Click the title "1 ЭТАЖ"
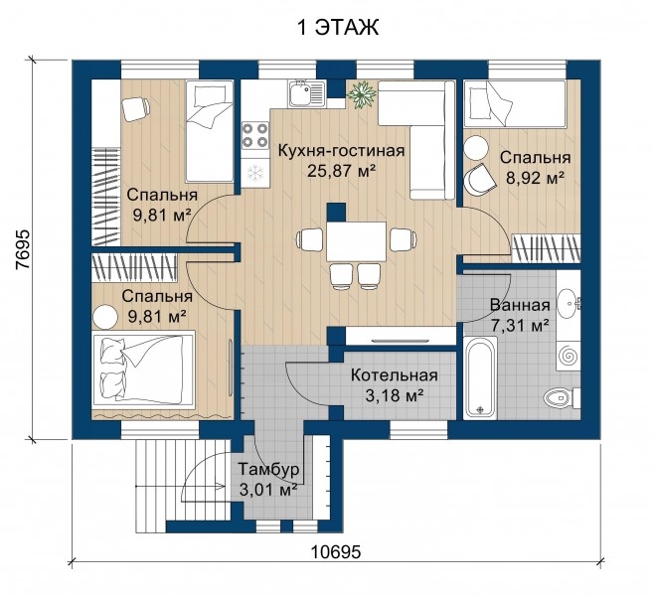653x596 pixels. (x=337, y=28)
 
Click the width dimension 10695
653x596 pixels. (x=336, y=552)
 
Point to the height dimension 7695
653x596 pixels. (x=23, y=249)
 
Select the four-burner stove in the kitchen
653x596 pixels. (x=254, y=135)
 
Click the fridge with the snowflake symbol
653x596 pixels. (x=254, y=172)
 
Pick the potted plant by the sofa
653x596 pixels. (x=362, y=95)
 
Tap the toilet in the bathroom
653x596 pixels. (x=561, y=398)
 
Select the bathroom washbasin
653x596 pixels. (x=569, y=302)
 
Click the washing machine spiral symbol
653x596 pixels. (x=569, y=357)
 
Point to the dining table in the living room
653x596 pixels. (x=357, y=241)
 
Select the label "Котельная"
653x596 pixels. (x=394, y=375)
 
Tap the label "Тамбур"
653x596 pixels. (x=268, y=469)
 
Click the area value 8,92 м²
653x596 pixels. (x=535, y=178)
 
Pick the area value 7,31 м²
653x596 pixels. (x=519, y=325)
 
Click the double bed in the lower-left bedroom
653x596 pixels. (x=144, y=368)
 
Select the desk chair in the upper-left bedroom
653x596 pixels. (x=136, y=108)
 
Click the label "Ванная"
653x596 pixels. (x=520, y=305)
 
